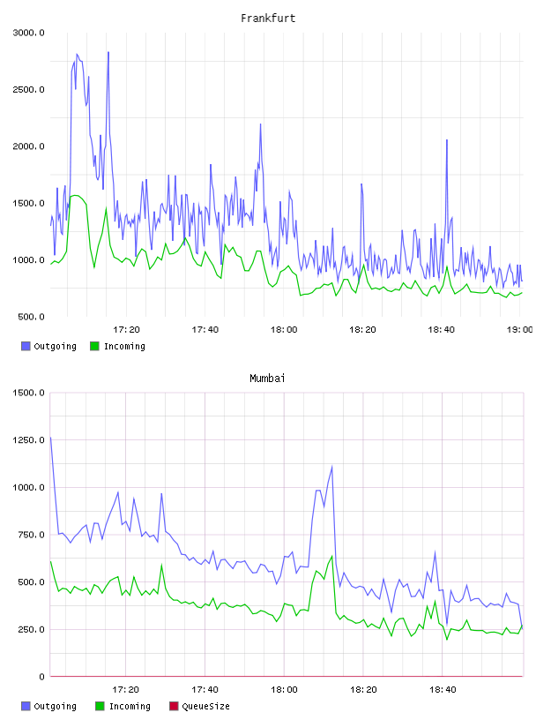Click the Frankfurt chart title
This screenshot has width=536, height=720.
268,19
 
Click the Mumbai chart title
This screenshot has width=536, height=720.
267,379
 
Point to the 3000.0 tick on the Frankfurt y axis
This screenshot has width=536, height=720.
28,33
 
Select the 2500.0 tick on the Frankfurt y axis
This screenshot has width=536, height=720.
28,89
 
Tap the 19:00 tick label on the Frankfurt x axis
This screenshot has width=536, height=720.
519,330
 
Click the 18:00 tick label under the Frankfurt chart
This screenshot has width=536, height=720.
284,330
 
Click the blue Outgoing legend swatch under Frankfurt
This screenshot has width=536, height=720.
26,346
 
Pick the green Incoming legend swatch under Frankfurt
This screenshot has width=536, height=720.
94,346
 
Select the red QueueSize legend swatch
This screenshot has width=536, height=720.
174,706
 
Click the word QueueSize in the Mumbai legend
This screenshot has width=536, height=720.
205,706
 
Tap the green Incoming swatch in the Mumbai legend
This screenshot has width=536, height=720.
100,706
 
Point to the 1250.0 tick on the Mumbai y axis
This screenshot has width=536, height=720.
28,440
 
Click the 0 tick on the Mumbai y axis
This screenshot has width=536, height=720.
41,677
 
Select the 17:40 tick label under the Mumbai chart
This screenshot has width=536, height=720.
205,690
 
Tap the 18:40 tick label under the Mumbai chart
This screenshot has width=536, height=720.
443,690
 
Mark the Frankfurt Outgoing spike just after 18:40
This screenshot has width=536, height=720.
446,140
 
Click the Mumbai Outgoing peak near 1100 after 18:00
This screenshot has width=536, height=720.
331,467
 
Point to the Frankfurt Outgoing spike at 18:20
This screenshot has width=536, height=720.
361,184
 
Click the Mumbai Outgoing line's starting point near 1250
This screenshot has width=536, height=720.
50,437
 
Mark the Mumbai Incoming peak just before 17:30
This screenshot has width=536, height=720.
161,565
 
